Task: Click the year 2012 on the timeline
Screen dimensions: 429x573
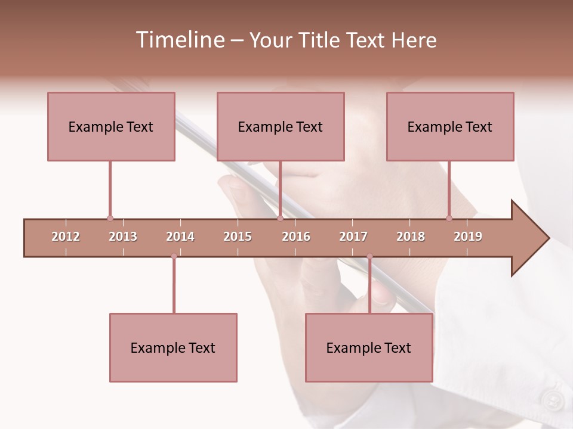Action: [x=66, y=237]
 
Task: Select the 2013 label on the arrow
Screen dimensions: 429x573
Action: [x=123, y=237]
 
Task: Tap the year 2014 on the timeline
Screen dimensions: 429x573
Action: [x=180, y=237]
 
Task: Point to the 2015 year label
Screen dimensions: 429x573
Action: [x=238, y=237]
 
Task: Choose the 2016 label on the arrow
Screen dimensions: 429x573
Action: [x=296, y=237]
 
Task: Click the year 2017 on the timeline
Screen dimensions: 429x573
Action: [x=353, y=237]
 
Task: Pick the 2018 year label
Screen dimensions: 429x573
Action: [x=411, y=237]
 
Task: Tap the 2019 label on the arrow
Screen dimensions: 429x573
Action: [x=468, y=237]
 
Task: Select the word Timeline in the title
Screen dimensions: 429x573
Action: [x=179, y=40]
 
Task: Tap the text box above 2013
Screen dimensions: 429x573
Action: [x=111, y=126]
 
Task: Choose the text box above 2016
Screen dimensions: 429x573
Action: [x=281, y=126]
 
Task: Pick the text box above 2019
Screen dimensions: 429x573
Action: [x=450, y=126]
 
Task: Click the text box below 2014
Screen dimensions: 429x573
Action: [x=173, y=347]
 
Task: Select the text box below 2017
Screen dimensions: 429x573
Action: [x=369, y=347]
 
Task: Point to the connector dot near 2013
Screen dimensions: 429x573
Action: [x=110, y=218]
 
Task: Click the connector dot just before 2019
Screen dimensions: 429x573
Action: [x=449, y=218]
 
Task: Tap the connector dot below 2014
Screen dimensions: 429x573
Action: [x=174, y=256]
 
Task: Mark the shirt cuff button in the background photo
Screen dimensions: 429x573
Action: [x=553, y=399]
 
